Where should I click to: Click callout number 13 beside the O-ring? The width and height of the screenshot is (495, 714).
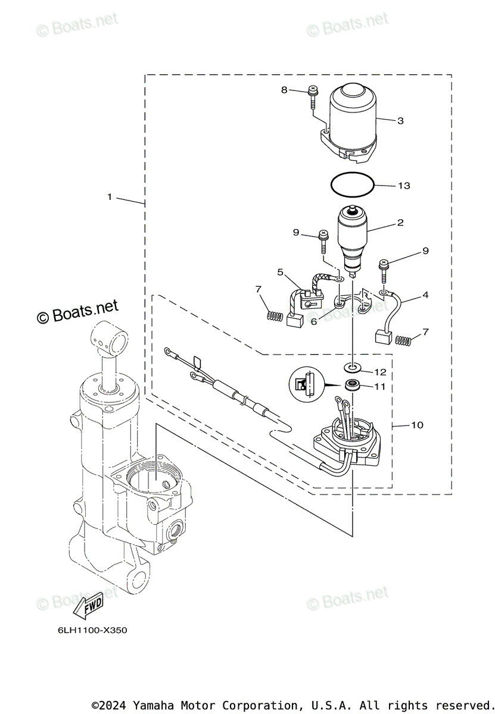pos(404,186)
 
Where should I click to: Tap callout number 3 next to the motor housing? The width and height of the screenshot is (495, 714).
pos(400,121)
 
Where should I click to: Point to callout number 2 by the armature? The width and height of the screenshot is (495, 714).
pos(400,223)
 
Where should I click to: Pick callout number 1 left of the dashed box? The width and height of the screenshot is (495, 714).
pos(110,196)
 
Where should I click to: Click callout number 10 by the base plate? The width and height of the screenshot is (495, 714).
pos(417,425)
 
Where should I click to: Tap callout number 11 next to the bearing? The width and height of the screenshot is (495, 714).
pos(379,386)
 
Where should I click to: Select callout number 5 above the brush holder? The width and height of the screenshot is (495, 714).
pos(280,272)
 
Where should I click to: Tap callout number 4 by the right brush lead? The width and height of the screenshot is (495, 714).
pos(425,295)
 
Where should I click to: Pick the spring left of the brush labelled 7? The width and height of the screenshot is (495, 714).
pos(273,316)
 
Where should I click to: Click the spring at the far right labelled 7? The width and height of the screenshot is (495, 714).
pos(404,340)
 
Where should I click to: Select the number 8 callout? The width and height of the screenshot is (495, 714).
pos(284,90)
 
